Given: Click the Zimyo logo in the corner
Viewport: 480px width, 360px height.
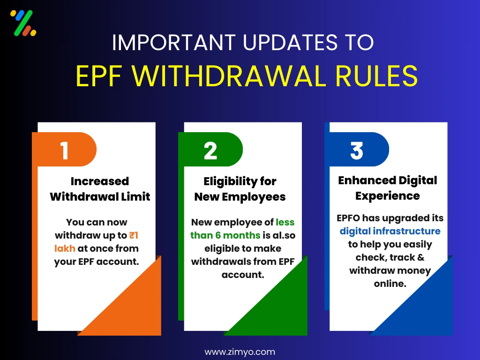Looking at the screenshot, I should click(23, 23).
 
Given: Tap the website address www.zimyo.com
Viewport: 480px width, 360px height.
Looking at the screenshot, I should click(240, 352).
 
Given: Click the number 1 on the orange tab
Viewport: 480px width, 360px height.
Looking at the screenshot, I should click(64, 151).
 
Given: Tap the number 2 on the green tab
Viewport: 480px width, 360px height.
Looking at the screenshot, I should click(210, 151).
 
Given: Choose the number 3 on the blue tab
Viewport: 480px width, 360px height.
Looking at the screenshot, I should click(357, 151).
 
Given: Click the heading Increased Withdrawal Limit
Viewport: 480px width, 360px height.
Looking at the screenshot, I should click(100, 188).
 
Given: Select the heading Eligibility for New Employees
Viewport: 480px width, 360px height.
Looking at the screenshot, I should click(240, 188).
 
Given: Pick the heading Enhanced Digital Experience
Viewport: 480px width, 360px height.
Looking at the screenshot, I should click(387, 187).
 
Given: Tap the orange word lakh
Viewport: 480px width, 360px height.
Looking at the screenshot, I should click(65, 248).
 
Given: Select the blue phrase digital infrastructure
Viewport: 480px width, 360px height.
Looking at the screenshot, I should click(390, 231).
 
